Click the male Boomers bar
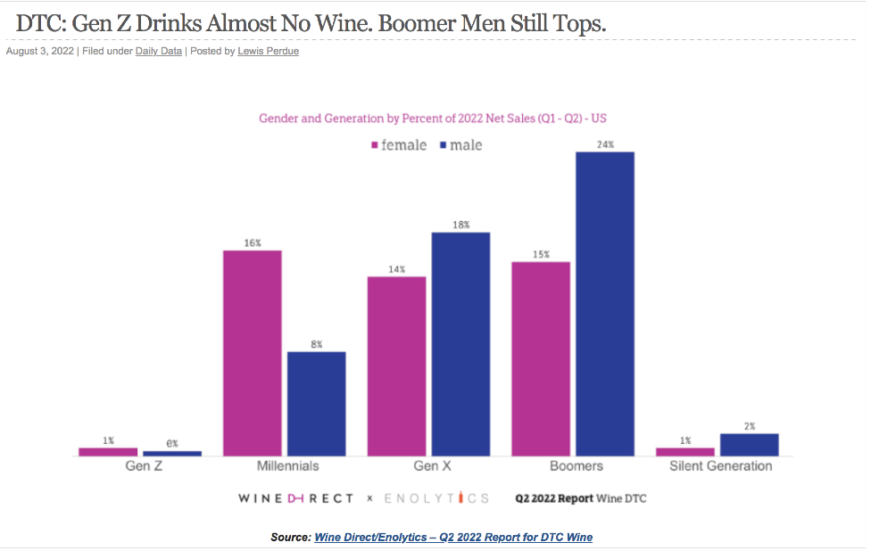[x=604, y=304]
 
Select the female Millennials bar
[x=253, y=353]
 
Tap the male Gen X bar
[x=460, y=344]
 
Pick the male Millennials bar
[x=316, y=404]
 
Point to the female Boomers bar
[x=540, y=358]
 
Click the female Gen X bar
[x=396, y=366]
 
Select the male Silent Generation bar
[x=749, y=445]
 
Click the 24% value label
[x=604, y=144]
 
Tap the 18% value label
[x=460, y=225]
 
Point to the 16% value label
[x=253, y=243]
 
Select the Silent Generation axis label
[x=720, y=466]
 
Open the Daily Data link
[x=158, y=52]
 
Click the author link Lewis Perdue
[x=268, y=52]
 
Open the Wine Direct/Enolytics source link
[x=453, y=538]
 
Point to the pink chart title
[x=433, y=118]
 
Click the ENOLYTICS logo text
[x=436, y=498]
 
